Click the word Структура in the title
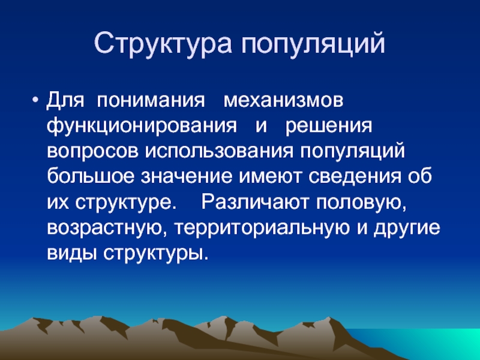coord(163,43)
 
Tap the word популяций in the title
coord(313,43)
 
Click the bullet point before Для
coord(35,100)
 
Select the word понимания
coord(151,100)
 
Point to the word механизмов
coord(283,100)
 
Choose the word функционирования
coord(142,127)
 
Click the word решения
coord(329,127)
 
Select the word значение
coord(187,177)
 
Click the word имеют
coord(270,177)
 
